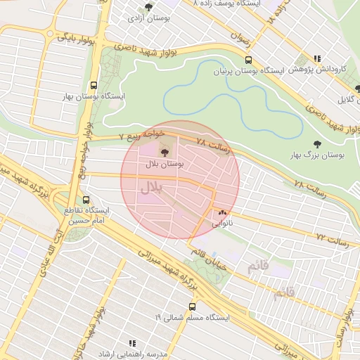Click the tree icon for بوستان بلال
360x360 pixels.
point(165,150)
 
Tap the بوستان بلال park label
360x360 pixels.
point(165,163)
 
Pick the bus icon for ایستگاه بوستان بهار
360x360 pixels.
point(94,84)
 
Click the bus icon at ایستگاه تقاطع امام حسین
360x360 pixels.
point(86,200)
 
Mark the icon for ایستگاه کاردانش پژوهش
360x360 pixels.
point(318,59)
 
